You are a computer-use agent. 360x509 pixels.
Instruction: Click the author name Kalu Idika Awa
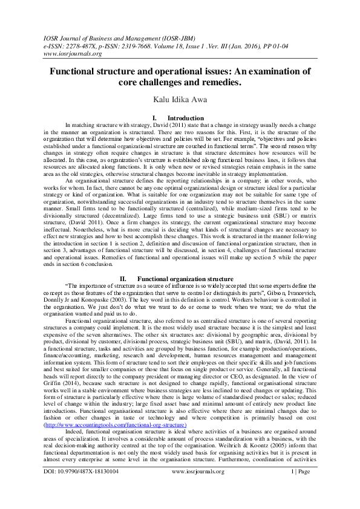pyautogui.click(x=180, y=98)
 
